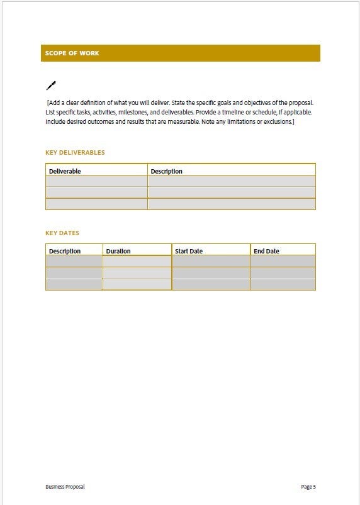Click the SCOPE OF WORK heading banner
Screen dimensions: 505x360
(x=180, y=53)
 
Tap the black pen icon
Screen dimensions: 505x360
(x=51, y=86)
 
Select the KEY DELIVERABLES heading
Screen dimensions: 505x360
(x=75, y=153)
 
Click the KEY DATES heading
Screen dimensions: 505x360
(x=62, y=233)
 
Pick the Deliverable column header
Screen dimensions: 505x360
(x=65, y=171)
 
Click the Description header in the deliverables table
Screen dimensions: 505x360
(x=167, y=171)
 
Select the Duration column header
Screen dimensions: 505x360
(x=118, y=251)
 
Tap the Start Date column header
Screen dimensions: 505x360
(x=189, y=251)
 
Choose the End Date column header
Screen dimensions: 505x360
(x=266, y=251)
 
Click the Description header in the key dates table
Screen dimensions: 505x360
(x=65, y=251)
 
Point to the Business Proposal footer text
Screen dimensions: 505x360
(x=65, y=487)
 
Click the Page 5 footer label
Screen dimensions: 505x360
(x=308, y=487)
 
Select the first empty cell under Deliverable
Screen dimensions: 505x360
(x=96, y=181)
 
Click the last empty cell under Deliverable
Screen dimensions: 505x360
(x=96, y=204)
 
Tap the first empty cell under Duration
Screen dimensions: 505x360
(x=137, y=261)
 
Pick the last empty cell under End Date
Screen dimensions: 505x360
(x=283, y=284)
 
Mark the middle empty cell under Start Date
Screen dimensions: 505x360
(x=211, y=273)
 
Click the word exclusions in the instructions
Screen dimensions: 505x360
(x=279, y=122)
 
